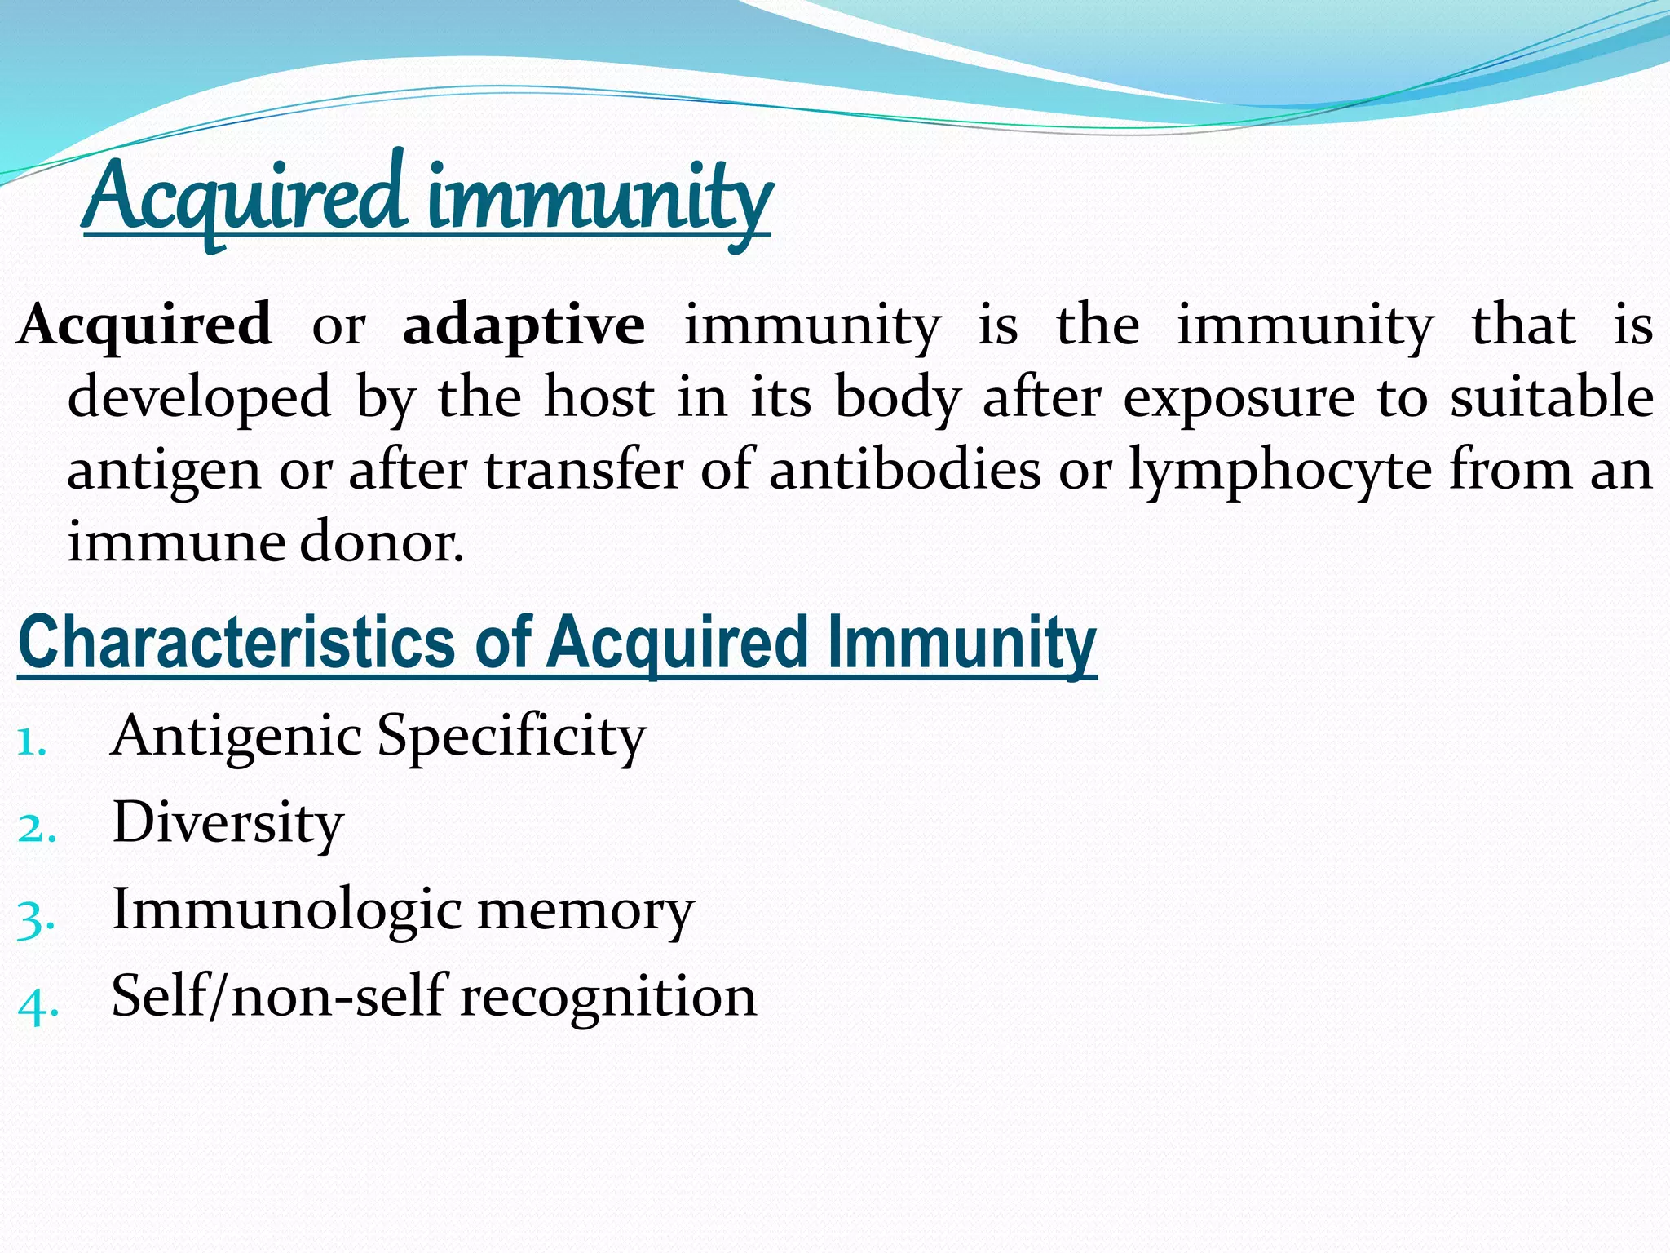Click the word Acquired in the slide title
245,196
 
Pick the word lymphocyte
1279,472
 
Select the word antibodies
905,471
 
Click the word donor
382,542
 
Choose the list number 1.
30,742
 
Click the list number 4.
37,1007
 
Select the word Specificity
511,737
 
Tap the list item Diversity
228,824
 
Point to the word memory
585,912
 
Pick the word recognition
608,998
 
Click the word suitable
1552,398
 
